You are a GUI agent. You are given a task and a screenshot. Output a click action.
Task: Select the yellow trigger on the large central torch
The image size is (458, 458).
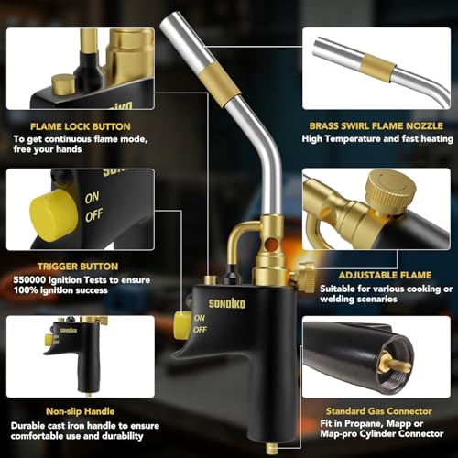(182, 323)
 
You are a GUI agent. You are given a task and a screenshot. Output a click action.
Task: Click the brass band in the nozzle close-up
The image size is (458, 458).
(378, 67)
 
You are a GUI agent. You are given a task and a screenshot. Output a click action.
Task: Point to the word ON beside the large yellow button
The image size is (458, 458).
(93, 196)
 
